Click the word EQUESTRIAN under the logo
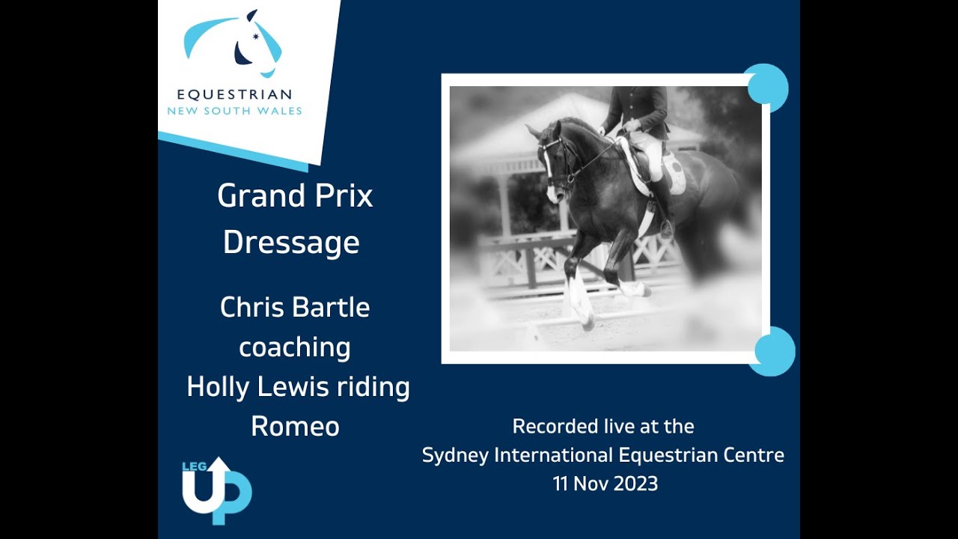point(234,95)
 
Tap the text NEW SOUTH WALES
point(234,111)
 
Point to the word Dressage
point(291,243)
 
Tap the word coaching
point(294,347)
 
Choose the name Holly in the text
point(216,387)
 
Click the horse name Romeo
point(295,426)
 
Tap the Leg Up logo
point(216,490)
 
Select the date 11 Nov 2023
point(605,484)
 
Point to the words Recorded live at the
point(602,426)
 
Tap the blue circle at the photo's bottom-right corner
point(774,351)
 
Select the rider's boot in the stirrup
point(664,225)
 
